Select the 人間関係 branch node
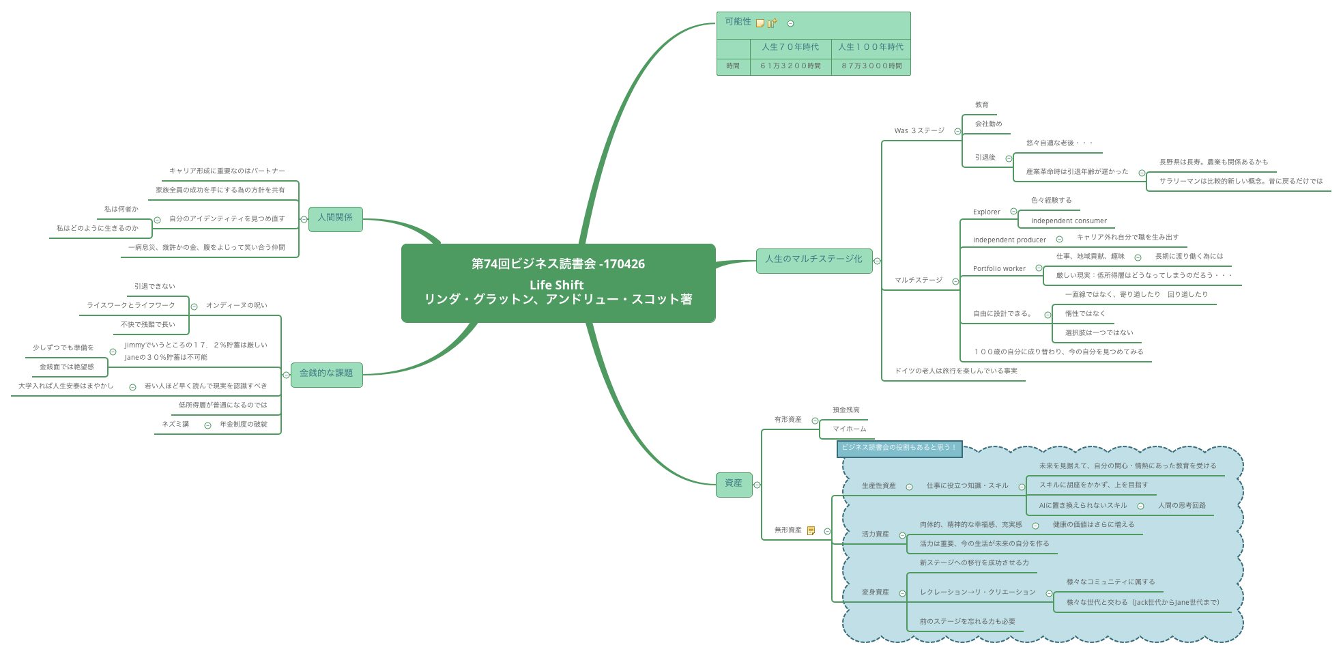click(x=335, y=218)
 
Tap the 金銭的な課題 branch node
click(x=326, y=374)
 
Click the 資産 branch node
click(x=734, y=484)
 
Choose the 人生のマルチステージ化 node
click(x=813, y=260)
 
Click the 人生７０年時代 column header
click(x=790, y=47)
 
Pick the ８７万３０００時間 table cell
click(x=871, y=66)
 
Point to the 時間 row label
click(x=733, y=66)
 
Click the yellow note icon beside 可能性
click(x=760, y=23)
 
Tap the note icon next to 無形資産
click(x=811, y=530)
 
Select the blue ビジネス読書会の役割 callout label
click(x=899, y=448)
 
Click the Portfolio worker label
click(x=999, y=269)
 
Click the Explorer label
click(x=987, y=212)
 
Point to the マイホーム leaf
click(x=849, y=429)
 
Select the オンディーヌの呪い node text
click(x=236, y=306)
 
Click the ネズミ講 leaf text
click(x=175, y=425)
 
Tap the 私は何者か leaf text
click(x=121, y=210)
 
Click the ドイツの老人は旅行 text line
click(x=955, y=371)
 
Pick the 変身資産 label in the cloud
click(x=875, y=593)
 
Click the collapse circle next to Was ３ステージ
click(x=957, y=131)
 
